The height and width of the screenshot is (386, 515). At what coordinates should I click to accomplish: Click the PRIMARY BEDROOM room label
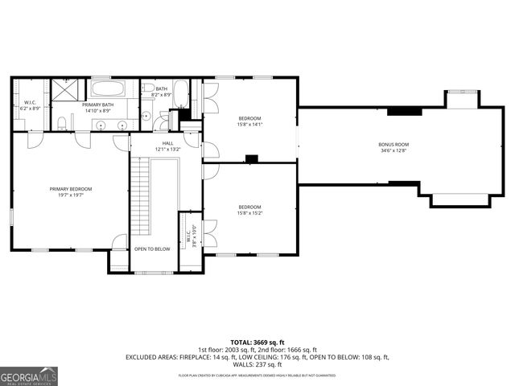pyautogui.click(x=71, y=189)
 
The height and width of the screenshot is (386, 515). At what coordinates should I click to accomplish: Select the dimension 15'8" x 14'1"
pyautogui.click(x=249, y=125)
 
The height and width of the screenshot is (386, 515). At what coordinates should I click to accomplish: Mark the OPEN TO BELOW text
pyautogui.click(x=152, y=249)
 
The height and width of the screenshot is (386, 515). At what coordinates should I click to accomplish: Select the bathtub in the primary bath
pyautogui.click(x=112, y=88)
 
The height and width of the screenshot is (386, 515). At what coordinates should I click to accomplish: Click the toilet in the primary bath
pyautogui.click(x=62, y=123)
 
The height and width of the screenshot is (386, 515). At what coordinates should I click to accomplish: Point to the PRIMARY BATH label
pyautogui.click(x=97, y=105)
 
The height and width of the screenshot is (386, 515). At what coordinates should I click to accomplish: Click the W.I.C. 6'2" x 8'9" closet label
pyautogui.click(x=29, y=105)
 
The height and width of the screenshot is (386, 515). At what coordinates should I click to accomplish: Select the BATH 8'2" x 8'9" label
pyautogui.click(x=162, y=92)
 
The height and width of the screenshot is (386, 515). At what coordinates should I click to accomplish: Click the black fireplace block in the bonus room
pyautogui.click(x=404, y=112)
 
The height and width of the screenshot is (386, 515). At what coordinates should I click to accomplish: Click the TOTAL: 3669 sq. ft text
pyautogui.click(x=257, y=342)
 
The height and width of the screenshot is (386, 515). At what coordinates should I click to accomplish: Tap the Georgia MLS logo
pyautogui.click(x=29, y=376)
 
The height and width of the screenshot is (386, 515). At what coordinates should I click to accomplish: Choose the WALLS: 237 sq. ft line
pyautogui.click(x=257, y=364)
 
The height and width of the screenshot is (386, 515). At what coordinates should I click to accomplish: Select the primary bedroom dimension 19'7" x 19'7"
pyautogui.click(x=71, y=195)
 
